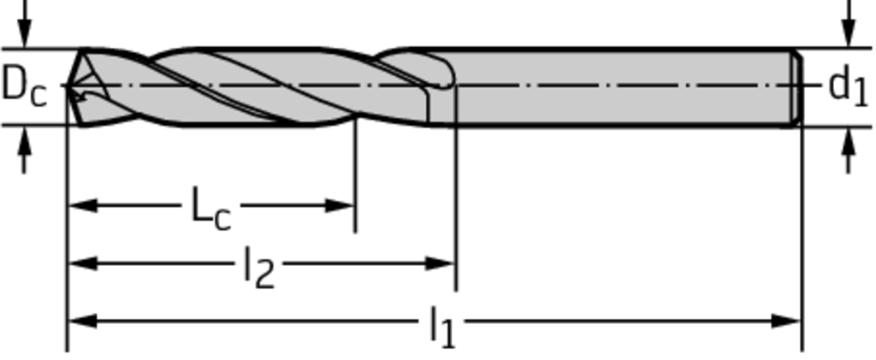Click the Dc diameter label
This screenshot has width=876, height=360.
(24, 87)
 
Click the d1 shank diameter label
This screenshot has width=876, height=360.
(849, 86)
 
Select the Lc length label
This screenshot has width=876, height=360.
(210, 210)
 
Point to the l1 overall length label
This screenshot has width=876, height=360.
(442, 327)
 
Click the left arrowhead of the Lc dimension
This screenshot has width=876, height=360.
(83, 205)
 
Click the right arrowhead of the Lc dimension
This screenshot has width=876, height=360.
(339, 205)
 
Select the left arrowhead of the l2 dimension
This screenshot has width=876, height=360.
(83, 263)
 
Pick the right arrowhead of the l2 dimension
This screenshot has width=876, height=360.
(440, 263)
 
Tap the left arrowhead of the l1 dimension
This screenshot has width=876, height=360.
(83, 321)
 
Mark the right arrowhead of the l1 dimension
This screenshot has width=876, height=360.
(786, 321)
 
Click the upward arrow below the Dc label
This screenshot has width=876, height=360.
(24, 150)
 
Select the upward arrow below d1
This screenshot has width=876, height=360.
(849, 150)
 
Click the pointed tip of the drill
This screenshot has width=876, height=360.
(68, 86)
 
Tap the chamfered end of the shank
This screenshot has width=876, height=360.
(797, 87)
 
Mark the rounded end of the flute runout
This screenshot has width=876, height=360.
(450, 75)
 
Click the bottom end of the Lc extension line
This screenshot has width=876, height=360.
(355, 232)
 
